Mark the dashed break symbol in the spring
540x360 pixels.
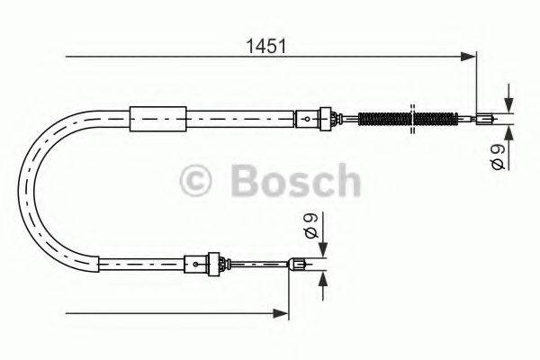point(413,117)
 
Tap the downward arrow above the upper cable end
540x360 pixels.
point(508,103)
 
